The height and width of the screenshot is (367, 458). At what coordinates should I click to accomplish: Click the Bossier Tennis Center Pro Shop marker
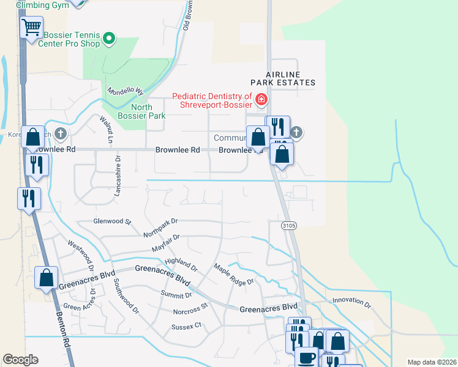click(110, 40)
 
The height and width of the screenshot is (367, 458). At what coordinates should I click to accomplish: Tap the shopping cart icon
click(31, 28)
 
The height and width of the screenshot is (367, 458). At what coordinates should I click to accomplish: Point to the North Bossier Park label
click(141, 111)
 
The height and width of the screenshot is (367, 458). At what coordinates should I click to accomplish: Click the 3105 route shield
click(290, 226)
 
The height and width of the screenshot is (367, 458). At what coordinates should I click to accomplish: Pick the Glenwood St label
click(112, 221)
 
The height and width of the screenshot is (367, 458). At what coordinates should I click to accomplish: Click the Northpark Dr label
click(160, 229)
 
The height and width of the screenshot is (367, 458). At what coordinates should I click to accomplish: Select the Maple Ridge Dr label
click(233, 275)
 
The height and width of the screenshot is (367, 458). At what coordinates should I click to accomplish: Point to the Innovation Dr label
click(351, 301)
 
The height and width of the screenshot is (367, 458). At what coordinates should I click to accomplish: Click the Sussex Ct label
click(186, 327)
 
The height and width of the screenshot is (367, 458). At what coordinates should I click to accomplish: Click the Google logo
click(21, 360)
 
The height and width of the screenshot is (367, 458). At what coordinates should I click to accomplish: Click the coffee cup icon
click(306, 357)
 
